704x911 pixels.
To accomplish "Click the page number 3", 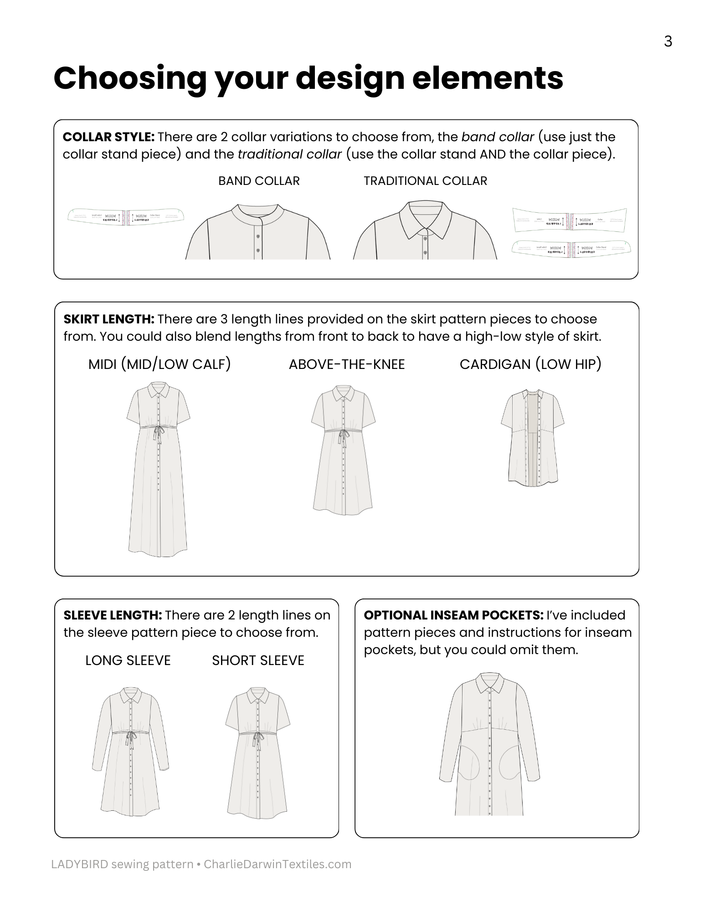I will (668, 42).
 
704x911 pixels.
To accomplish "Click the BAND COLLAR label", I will (259, 181).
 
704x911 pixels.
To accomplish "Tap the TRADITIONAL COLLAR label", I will (425, 181).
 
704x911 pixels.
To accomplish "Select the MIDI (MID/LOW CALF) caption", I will (159, 364).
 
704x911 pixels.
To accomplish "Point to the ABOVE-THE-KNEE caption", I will (347, 364).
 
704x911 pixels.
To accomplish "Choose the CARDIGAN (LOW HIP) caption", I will (530, 364).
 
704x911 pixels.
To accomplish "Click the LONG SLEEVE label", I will (128, 660).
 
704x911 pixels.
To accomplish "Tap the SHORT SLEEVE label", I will (258, 660).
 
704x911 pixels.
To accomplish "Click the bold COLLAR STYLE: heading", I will (109, 137).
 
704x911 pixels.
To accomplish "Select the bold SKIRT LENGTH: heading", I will (109, 319).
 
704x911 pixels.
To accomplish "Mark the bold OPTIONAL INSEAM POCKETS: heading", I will (453, 615).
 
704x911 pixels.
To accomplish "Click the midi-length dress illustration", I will (158, 469).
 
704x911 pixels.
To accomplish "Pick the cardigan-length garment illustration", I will (533, 437).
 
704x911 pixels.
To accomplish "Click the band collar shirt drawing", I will (258, 232).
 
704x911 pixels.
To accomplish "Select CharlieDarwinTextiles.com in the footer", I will (277, 864).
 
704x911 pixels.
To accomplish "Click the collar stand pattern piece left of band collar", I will (126, 215).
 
